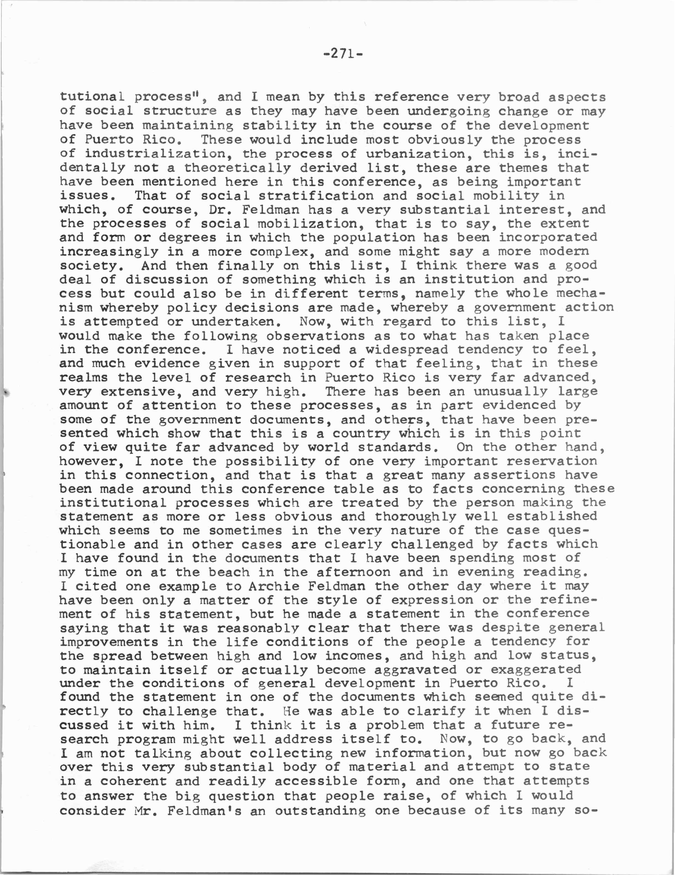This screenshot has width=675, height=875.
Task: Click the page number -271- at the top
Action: (342, 54)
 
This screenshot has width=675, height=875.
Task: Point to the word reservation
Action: (552, 461)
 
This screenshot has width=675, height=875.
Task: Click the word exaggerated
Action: (536, 670)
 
